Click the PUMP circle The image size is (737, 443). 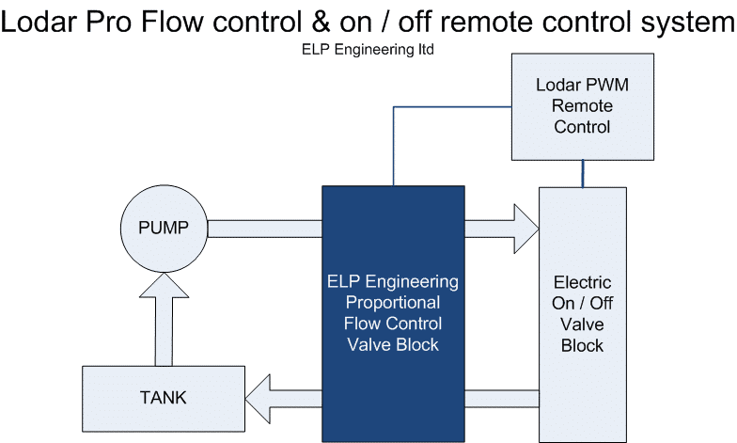(163, 228)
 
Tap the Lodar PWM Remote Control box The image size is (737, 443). (583, 105)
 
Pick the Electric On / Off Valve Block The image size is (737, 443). (582, 313)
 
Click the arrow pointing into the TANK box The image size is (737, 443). (282, 396)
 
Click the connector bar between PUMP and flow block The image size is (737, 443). (264, 228)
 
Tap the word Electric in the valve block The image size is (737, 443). (582, 282)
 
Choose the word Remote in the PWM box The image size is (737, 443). (583, 105)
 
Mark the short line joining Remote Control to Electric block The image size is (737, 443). (583, 173)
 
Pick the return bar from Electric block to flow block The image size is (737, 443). (501, 396)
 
